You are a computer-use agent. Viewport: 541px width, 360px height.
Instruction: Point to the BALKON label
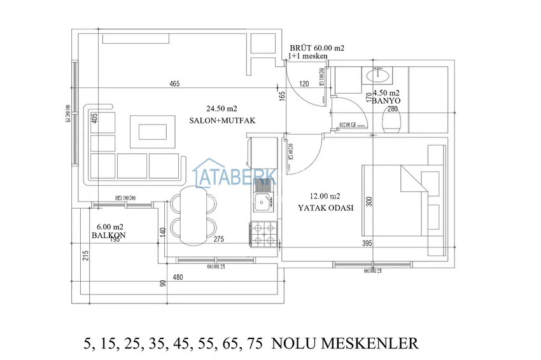coord(108,235)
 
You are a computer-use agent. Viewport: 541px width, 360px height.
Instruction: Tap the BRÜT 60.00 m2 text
coord(317,48)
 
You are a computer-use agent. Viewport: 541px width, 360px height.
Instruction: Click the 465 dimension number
coord(174,84)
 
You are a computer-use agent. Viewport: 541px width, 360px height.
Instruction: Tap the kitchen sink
coord(263,204)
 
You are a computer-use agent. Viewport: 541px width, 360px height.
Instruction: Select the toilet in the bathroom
coord(390,121)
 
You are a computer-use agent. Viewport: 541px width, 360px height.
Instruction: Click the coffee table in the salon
coord(153,131)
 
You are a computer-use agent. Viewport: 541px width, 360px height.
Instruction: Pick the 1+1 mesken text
coord(308,57)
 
